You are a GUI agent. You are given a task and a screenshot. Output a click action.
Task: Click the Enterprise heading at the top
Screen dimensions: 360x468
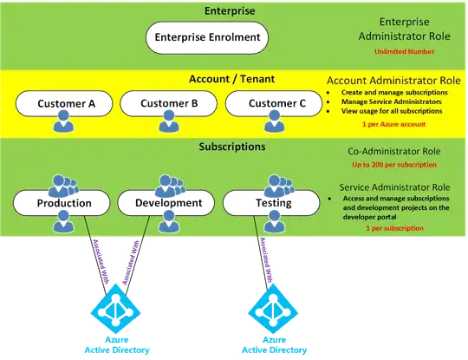(205, 10)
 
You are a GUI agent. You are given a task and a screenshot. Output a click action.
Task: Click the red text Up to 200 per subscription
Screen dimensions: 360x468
(397, 164)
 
